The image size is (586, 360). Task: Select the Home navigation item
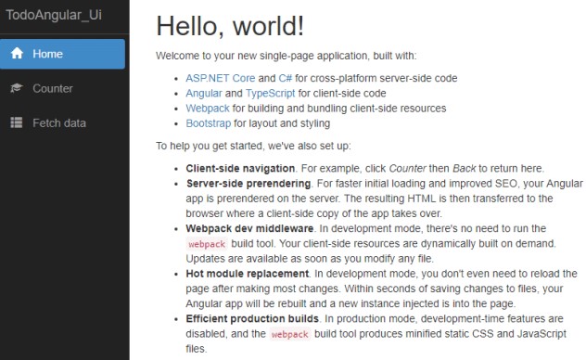[47, 54]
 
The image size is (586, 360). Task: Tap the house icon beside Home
[17, 54]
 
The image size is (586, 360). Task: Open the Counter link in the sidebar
[53, 88]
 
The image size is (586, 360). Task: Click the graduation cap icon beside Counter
[17, 88]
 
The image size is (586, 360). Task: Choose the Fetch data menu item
[59, 122]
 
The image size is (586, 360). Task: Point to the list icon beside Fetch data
[17, 122]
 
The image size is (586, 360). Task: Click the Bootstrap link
[208, 122]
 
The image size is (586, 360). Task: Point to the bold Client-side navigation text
[240, 168]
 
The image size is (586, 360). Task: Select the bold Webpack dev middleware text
[248, 227]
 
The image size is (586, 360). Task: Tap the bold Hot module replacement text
[247, 274]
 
